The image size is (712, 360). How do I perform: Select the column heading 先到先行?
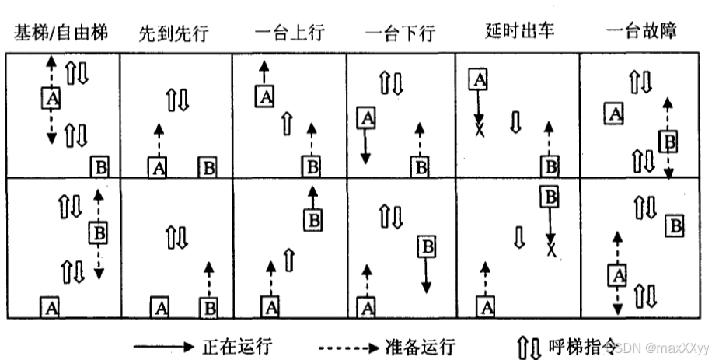[x=174, y=33]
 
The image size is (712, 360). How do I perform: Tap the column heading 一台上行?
[x=288, y=33]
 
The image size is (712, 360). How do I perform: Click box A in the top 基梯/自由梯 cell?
[x=51, y=98]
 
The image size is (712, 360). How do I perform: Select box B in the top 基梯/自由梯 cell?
[x=99, y=166]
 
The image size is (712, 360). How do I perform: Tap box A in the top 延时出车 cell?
[x=478, y=78]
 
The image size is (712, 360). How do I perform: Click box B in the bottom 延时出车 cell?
[x=550, y=197]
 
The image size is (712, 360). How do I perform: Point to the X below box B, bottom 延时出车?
[x=551, y=250]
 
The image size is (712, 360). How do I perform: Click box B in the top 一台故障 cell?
[x=668, y=141]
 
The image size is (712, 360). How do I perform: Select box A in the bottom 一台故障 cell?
[x=617, y=274]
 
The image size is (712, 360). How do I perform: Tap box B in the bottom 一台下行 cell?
[x=427, y=248]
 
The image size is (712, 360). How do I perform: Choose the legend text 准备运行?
[x=419, y=345]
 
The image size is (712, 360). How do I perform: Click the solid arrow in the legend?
[x=162, y=345]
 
